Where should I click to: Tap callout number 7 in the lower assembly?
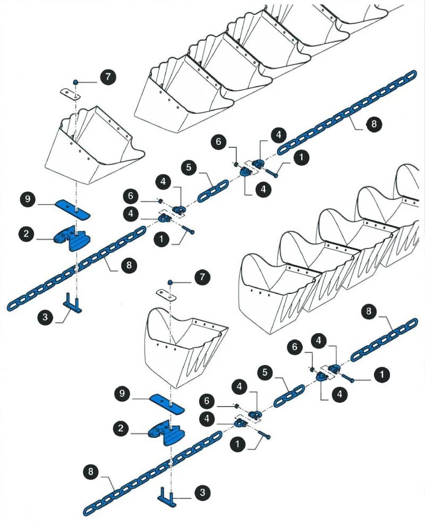pos(202,277)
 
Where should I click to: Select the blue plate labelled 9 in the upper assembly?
pos(72,209)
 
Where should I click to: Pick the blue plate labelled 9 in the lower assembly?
pos(166,403)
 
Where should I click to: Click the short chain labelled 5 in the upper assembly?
pos(213,190)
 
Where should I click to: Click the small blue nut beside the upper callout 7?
pos(76,82)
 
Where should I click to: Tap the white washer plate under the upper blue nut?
pos(70,94)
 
